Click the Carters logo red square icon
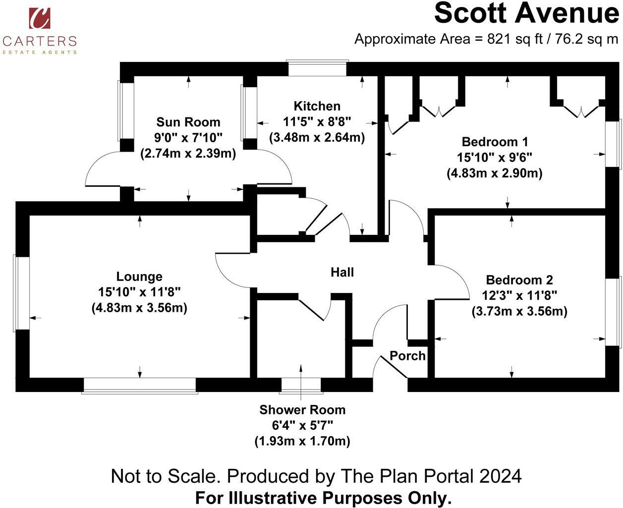(39, 18)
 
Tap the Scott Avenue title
(526, 13)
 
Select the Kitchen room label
(317, 106)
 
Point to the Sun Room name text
(188, 122)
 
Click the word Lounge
(139, 277)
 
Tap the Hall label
(342, 272)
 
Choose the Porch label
(407, 356)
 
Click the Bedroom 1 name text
(495, 142)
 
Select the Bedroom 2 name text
(519, 280)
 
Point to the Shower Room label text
(302, 410)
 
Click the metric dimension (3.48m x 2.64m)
(317, 138)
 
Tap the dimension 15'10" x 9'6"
(495, 158)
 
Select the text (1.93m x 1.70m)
(302, 441)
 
